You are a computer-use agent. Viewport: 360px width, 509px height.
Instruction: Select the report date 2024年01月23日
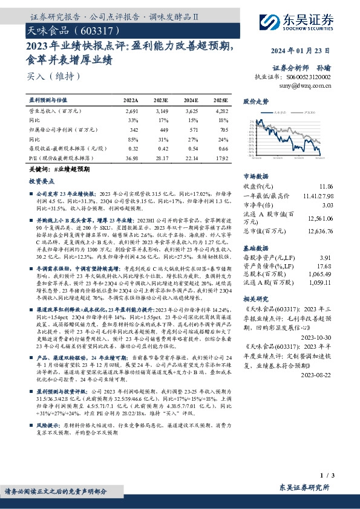[x=306, y=50]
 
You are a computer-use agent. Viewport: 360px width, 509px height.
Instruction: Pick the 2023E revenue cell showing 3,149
[x=162, y=112]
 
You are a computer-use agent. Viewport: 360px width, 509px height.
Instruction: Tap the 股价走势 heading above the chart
[x=255, y=103]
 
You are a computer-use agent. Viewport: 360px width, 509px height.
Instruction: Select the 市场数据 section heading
[x=255, y=175]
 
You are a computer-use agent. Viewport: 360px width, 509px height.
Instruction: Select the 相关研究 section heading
[x=255, y=299]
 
